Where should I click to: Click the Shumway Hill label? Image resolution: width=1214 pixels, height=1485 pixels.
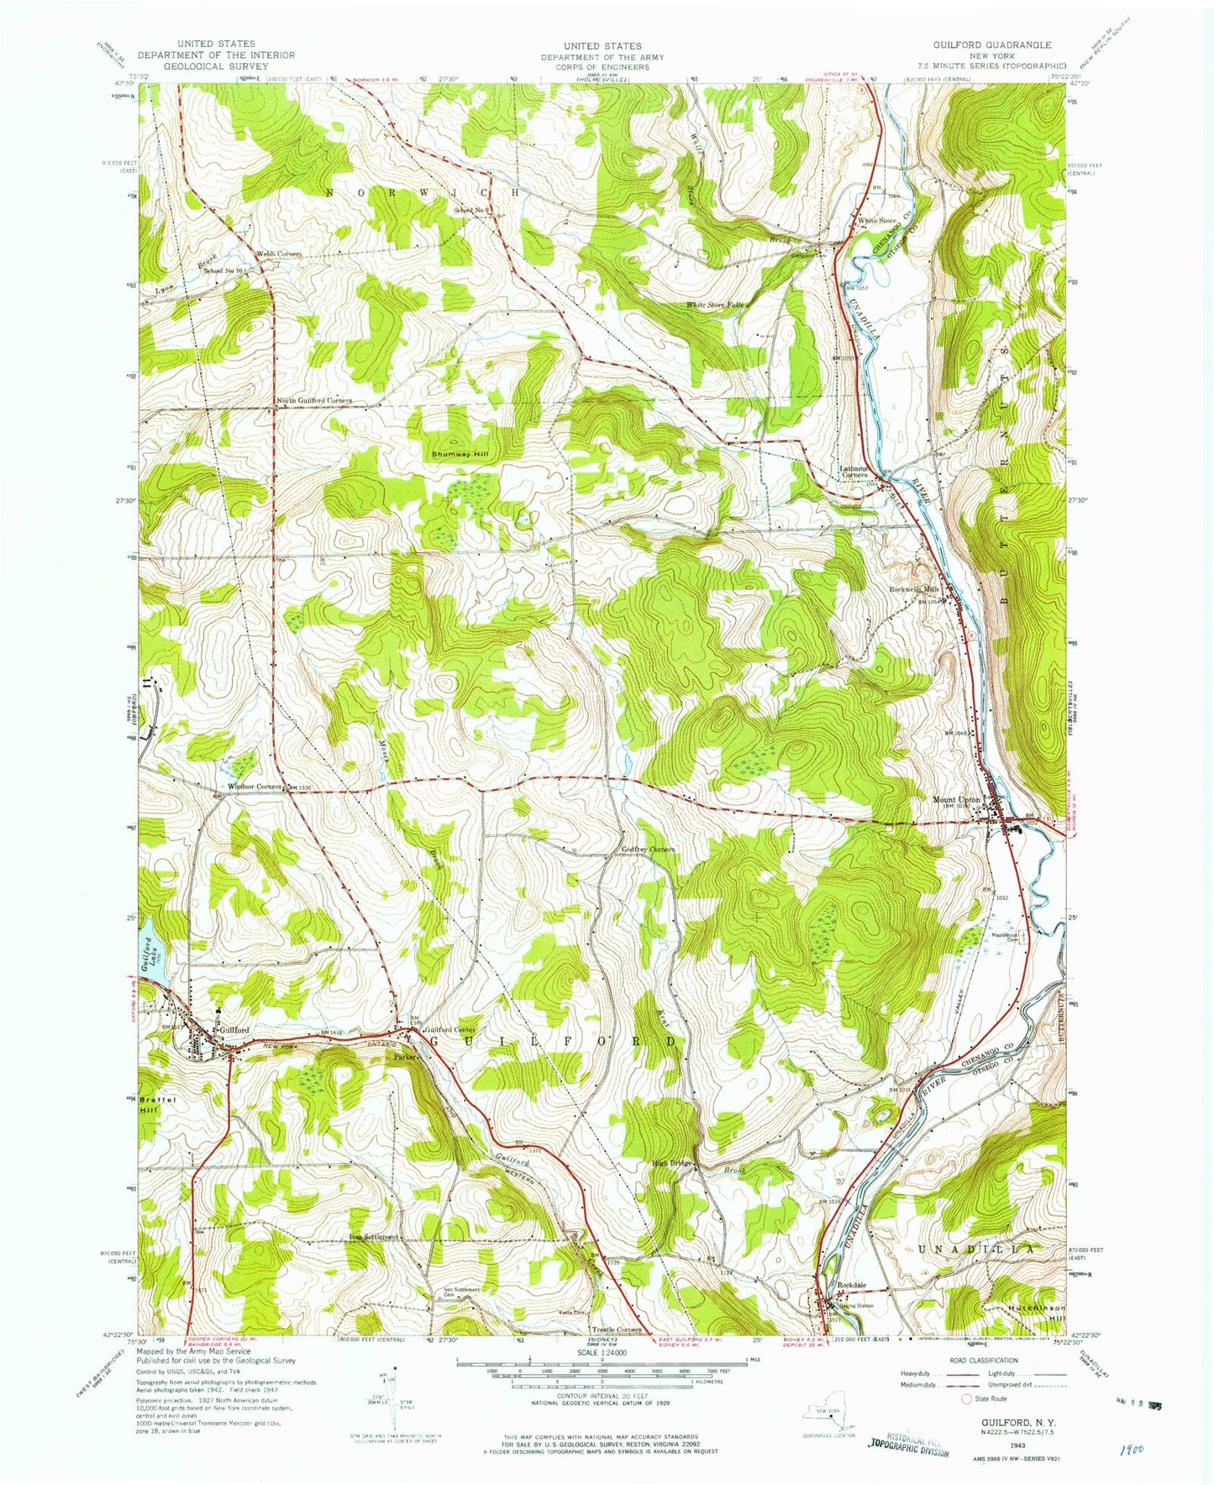[x=460, y=455]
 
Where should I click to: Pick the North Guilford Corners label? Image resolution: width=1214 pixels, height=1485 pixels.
[x=314, y=401]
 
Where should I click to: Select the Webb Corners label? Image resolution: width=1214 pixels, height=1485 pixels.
[x=279, y=254]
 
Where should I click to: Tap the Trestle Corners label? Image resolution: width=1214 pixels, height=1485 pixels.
[x=618, y=1330]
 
